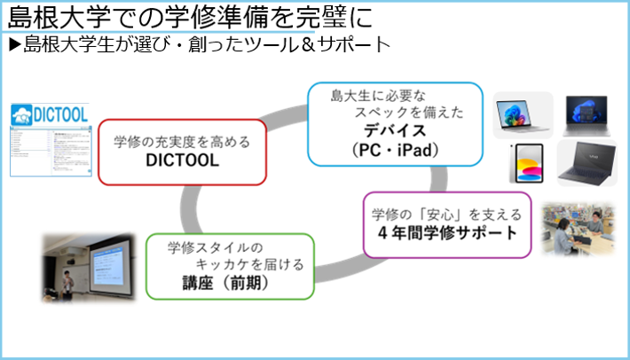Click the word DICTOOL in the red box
click(x=182, y=161)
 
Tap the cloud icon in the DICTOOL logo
click(x=22, y=114)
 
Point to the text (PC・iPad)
click(x=394, y=150)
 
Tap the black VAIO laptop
click(x=587, y=162)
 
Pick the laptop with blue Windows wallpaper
click(x=587, y=113)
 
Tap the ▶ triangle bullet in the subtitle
click(x=13, y=43)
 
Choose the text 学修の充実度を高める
click(x=182, y=142)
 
